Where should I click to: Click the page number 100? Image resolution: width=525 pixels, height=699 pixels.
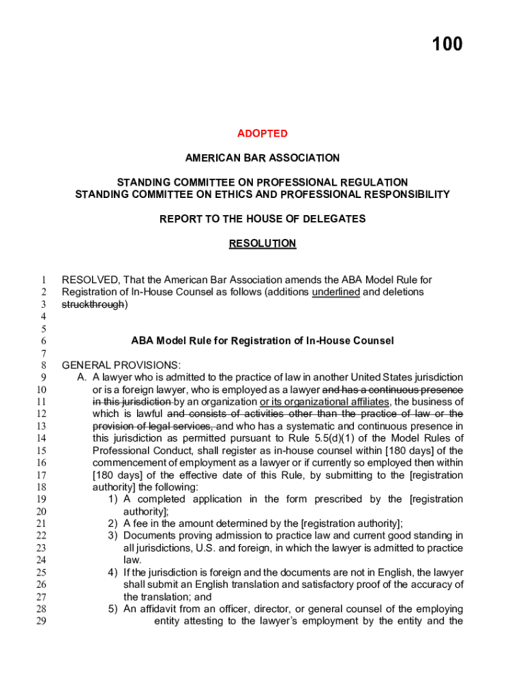447,44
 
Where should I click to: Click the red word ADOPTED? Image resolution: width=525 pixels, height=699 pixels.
262,133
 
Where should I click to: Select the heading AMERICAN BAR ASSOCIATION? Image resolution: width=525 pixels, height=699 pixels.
262,158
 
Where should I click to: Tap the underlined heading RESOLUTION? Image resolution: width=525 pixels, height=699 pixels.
262,244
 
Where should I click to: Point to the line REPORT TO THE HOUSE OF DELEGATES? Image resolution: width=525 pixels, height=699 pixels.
262,219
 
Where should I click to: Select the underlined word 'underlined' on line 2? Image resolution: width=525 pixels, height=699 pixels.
335,292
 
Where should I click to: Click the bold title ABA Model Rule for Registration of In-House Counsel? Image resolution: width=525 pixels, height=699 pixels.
262,341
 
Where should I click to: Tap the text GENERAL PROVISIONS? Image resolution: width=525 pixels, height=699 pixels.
121,365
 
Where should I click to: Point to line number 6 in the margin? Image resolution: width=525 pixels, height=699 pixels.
42,341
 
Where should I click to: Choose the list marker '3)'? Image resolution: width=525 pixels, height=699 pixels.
113,536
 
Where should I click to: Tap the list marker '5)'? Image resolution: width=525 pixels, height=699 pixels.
113,610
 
